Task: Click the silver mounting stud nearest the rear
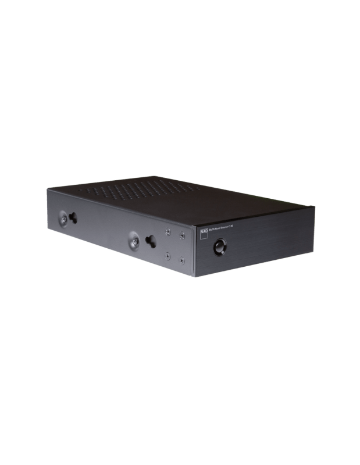[62, 219]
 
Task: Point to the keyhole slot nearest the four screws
[151, 240]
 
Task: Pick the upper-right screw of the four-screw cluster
[183, 235]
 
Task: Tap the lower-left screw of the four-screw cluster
[167, 256]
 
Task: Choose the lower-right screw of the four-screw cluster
[182, 261]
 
